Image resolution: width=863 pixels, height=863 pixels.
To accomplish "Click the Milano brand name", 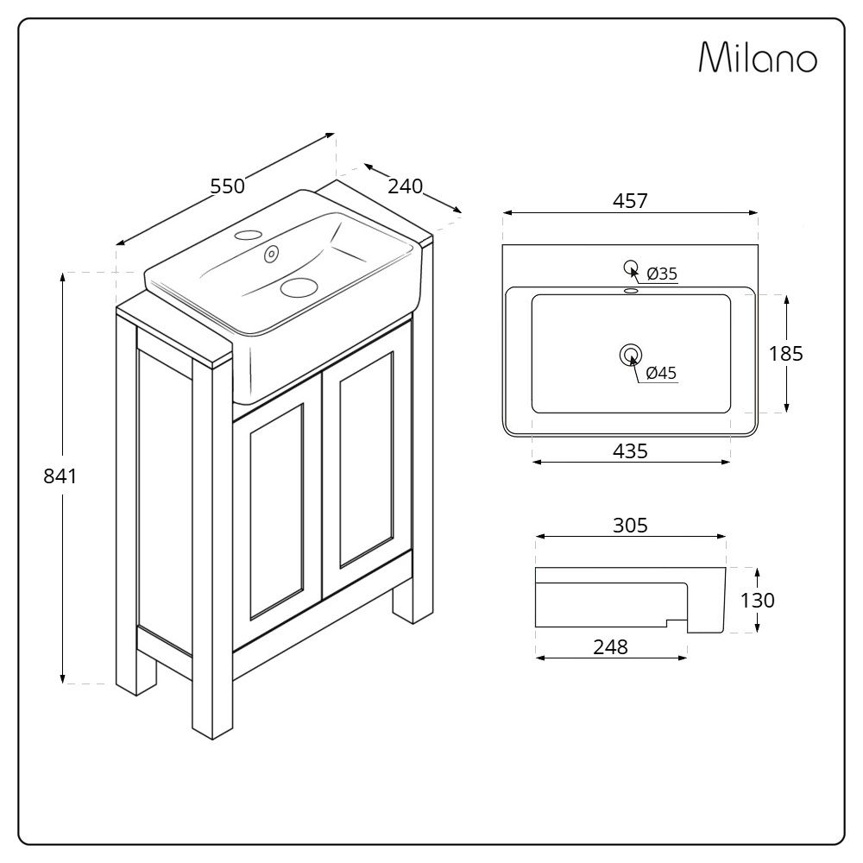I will [x=757, y=58].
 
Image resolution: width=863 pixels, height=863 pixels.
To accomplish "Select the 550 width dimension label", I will [x=228, y=186].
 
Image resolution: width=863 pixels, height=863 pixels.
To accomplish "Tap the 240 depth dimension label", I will [x=405, y=186].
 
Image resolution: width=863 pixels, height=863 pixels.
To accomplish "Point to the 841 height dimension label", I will [x=60, y=476].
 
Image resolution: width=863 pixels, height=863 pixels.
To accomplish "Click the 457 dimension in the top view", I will [x=630, y=201].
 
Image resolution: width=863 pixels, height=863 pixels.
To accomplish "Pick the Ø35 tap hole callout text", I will [x=662, y=274].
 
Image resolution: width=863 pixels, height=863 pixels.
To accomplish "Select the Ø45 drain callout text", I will [x=661, y=373].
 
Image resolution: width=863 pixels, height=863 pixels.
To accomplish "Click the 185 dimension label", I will [x=786, y=353].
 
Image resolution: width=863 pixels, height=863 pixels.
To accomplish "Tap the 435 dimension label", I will [x=630, y=450].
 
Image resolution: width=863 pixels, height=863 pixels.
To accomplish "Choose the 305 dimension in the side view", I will [x=630, y=525].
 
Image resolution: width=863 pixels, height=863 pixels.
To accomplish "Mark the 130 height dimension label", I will [x=758, y=600].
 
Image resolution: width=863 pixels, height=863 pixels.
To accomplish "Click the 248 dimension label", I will [x=610, y=646].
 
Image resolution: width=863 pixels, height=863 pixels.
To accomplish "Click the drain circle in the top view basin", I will [x=630, y=354].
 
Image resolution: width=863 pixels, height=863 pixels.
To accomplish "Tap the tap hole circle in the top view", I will [x=630, y=267].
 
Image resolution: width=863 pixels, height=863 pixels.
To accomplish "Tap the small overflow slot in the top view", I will [x=631, y=291].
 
